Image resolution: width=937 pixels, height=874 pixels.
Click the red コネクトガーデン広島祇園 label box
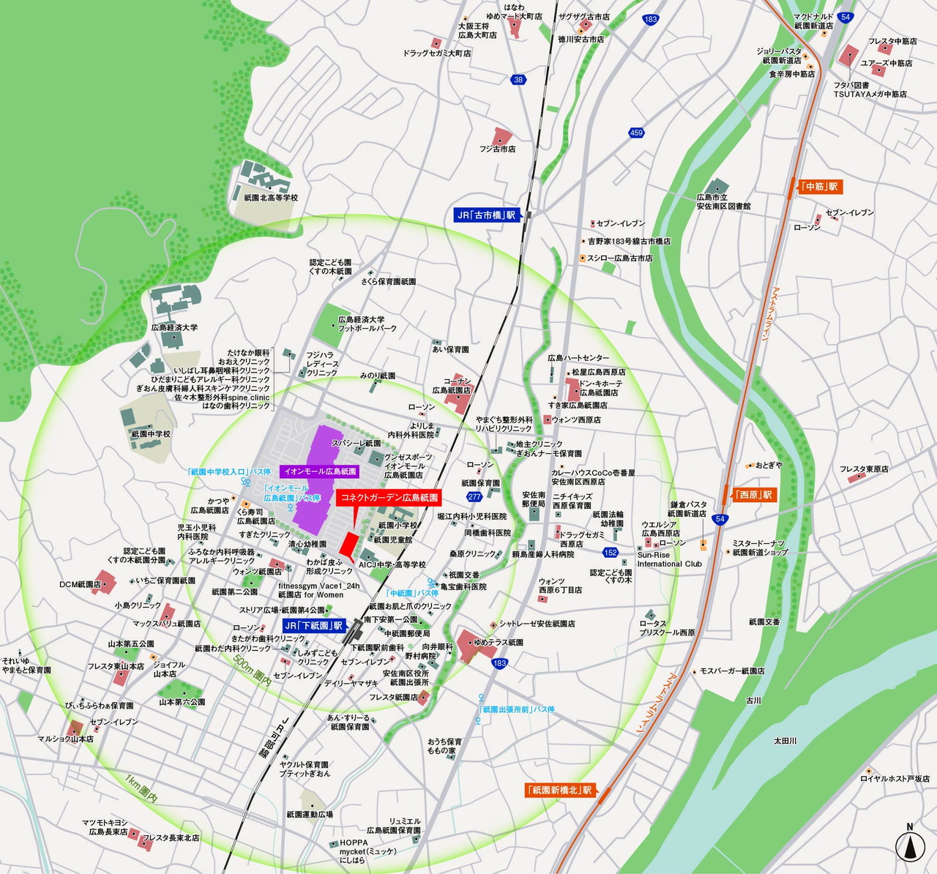click(x=389, y=498)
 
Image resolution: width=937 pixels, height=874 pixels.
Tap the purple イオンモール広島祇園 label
click(x=320, y=471)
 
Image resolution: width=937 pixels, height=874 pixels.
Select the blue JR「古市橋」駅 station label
click(x=486, y=215)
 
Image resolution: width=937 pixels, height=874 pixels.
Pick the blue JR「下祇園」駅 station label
click(x=313, y=626)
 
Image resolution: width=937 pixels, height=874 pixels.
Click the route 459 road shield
click(x=636, y=132)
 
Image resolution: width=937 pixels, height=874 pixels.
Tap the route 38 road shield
click(x=519, y=80)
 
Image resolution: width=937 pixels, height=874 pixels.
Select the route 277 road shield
click(x=474, y=497)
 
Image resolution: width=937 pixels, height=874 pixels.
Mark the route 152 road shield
click(x=611, y=553)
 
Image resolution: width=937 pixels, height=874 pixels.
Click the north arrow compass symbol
click(x=910, y=846)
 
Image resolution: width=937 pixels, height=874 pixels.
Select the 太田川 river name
click(x=785, y=741)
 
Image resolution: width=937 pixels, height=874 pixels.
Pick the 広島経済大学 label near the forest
click(x=174, y=327)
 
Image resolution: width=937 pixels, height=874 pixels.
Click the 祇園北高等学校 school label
click(x=271, y=198)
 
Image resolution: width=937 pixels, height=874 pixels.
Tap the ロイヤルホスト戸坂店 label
click(x=895, y=779)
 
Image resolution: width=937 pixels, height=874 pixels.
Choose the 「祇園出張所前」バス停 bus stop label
click(x=516, y=709)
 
